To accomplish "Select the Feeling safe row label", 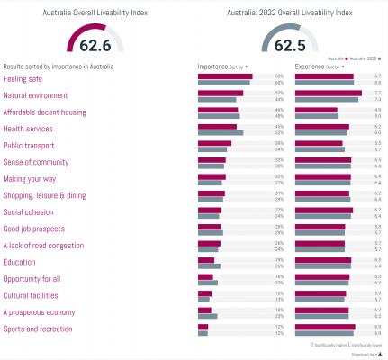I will pyautogui.click(x=23, y=78).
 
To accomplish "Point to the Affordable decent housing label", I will pyautogui.click(x=44, y=112).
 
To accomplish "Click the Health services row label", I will pyautogui.click(x=30, y=129).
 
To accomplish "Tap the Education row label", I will pyautogui.click(x=20, y=262).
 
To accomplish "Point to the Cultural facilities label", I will pyautogui.click(x=32, y=295).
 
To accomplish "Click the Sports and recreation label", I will pyautogui.click(x=38, y=329).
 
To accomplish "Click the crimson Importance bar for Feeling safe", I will pyautogui.click(x=224, y=76).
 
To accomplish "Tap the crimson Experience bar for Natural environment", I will pyautogui.click(x=329, y=93).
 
